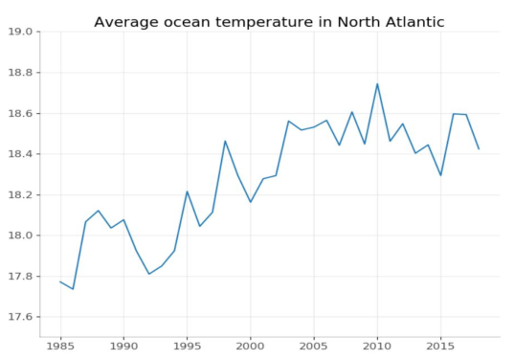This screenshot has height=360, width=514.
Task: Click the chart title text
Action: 269,22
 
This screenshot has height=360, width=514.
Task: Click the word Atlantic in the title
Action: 408,22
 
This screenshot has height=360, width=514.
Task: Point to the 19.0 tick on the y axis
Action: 20,32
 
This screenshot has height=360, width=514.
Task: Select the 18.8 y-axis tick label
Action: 20,73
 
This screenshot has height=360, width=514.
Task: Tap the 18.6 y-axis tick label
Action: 20,113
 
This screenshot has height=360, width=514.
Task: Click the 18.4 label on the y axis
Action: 20,154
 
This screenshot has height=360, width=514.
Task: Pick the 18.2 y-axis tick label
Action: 20,194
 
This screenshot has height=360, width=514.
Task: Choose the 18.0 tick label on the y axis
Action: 20,236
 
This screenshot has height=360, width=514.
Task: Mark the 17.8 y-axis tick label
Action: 20,277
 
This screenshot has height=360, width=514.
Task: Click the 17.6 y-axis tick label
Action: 20,317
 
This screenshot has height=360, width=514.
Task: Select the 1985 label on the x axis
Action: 60,348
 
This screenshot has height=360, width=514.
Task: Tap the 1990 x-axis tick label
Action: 123,348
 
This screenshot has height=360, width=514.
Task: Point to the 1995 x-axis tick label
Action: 187,348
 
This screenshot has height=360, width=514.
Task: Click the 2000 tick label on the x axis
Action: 250,348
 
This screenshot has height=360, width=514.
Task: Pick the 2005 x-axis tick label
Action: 314,348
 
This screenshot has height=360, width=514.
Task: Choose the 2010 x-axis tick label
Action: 377,348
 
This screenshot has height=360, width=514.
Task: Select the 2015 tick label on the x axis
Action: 440,348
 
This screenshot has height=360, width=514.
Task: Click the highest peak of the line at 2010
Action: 377,83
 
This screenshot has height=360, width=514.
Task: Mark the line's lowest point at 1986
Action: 73,289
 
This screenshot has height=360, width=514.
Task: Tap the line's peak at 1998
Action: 225,141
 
